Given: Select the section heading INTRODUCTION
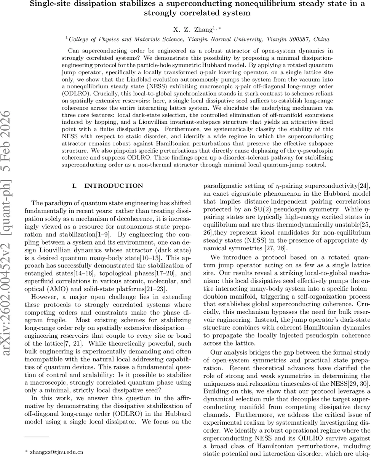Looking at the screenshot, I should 113,186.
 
